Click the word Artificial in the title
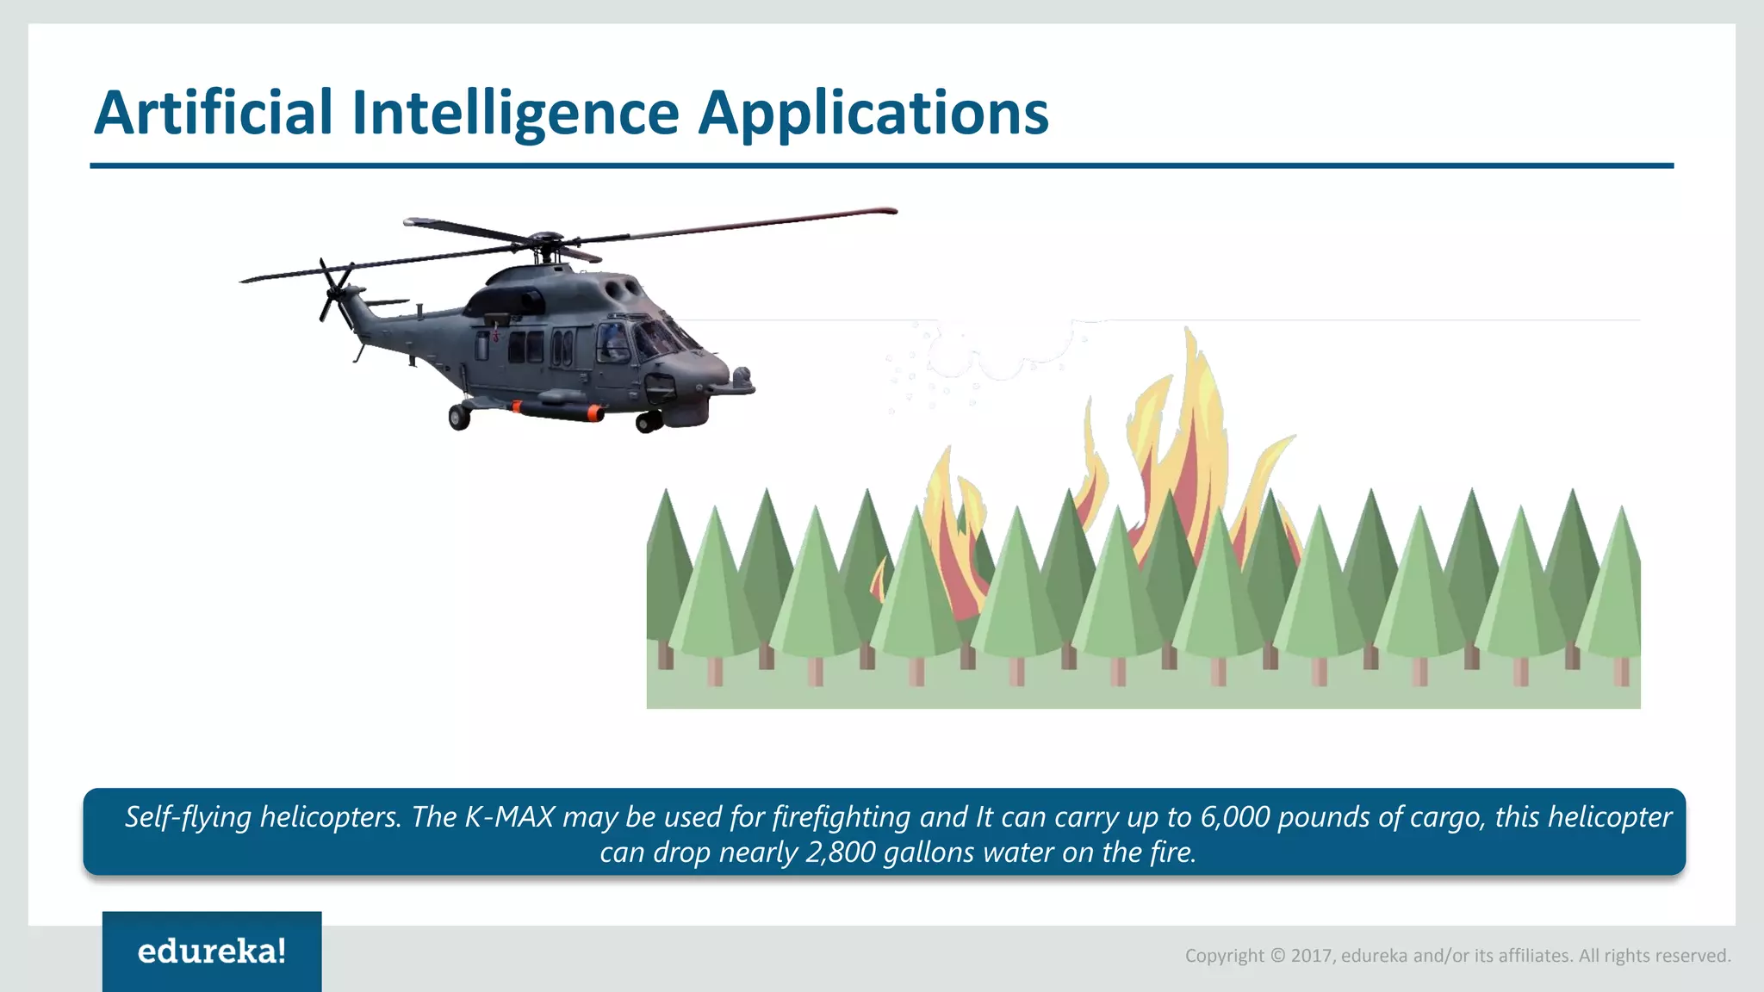213,113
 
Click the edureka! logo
212,951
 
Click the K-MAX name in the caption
509,816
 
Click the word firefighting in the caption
842,816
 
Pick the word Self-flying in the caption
189,816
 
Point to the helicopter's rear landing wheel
459,418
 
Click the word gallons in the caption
929,852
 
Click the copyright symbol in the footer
1277,956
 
